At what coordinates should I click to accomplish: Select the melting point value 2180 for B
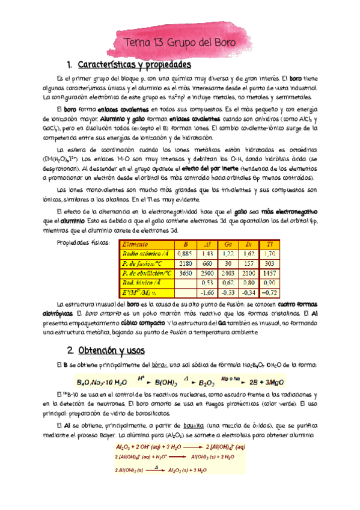point(185,263)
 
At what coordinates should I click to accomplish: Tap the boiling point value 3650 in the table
point(185,273)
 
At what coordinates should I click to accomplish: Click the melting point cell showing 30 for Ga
point(227,263)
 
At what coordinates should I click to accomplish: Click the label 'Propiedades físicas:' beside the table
point(82,244)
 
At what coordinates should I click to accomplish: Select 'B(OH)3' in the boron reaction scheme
point(169,382)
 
